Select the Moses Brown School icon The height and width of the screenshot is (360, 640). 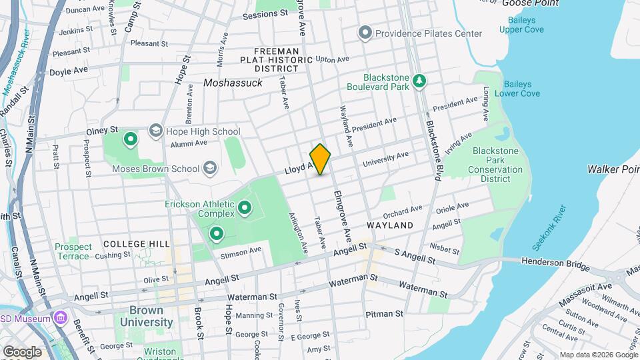point(210,168)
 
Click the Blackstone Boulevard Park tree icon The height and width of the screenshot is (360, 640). point(419,81)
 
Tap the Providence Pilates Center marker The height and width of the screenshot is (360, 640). point(365,33)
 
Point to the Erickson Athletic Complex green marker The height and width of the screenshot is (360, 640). point(244,208)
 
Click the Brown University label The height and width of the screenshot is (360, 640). point(147,317)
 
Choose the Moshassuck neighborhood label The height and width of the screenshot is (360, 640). point(233,83)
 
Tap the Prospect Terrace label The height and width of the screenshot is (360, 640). point(72,251)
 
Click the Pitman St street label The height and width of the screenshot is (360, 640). point(384,313)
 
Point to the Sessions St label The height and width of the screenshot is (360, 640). point(265,15)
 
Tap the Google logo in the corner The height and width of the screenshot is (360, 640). point(22,351)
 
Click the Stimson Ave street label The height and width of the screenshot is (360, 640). point(241,251)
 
